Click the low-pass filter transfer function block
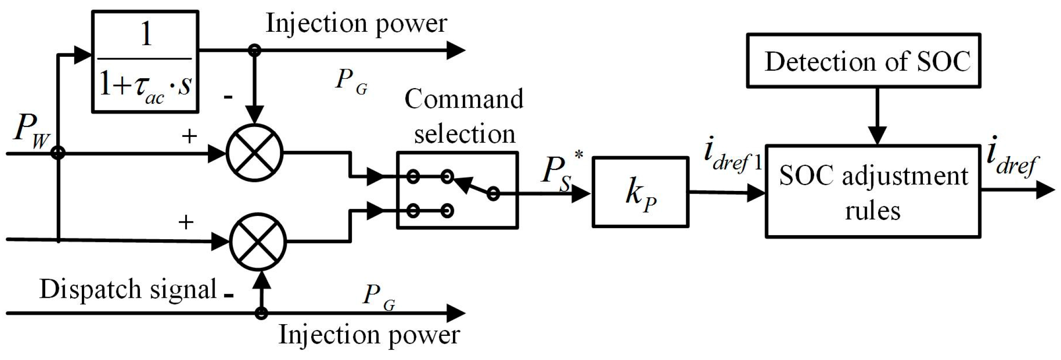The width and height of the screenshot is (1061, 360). (x=145, y=62)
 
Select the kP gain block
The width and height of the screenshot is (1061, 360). (x=640, y=192)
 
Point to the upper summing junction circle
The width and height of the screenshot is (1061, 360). (x=254, y=153)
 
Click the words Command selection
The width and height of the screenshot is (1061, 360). (x=464, y=116)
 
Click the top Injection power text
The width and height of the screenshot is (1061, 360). (x=356, y=23)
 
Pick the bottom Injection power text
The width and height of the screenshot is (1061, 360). (x=369, y=335)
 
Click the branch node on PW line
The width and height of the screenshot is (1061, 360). (x=58, y=153)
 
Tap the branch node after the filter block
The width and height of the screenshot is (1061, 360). (x=254, y=50)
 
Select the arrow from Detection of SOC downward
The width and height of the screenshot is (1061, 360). (x=877, y=116)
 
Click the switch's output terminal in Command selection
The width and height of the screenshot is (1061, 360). (x=493, y=193)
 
